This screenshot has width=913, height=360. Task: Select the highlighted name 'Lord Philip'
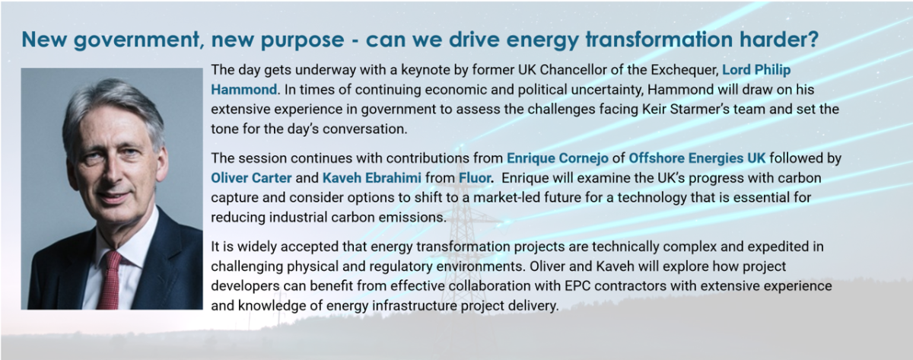point(756,70)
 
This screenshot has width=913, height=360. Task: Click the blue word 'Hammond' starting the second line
point(243,89)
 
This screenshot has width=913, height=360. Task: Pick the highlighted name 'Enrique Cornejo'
point(558,158)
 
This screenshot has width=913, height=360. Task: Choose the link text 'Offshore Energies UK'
point(697,158)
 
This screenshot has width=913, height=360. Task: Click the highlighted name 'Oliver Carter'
point(251,178)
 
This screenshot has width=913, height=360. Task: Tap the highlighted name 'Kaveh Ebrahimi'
point(372,178)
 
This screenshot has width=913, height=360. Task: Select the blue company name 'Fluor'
point(475,178)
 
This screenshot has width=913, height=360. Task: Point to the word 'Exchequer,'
point(685,70)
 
